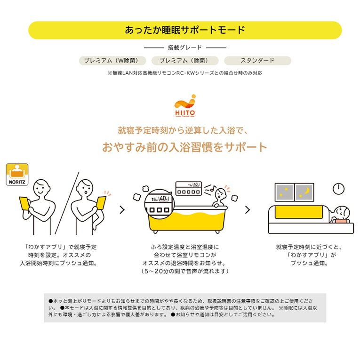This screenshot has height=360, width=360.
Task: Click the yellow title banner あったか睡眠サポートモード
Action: [185, 30]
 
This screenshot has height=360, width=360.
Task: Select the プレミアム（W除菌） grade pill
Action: [112, 61]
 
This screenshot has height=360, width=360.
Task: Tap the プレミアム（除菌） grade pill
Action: [185, 61]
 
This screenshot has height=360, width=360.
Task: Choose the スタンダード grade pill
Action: [257, 61]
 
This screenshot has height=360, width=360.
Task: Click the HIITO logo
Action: [185, 105]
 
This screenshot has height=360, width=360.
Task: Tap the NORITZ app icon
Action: [17, 175]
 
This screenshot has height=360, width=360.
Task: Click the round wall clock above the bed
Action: [338, 189]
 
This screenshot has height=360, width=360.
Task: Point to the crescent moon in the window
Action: [307, 190]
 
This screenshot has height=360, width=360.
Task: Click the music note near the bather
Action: [213, 188]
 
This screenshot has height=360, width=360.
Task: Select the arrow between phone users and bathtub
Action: [122, 209]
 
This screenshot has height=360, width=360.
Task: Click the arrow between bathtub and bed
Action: [248, 209]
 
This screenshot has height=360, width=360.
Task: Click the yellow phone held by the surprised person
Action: [101, 203]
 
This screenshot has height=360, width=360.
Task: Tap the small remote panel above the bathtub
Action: [189, 189]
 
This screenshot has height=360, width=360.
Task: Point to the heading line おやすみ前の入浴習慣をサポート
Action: [184, 147]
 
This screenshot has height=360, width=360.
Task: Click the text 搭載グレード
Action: [185, 48]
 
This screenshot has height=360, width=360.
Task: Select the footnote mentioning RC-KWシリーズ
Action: [185, 73]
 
